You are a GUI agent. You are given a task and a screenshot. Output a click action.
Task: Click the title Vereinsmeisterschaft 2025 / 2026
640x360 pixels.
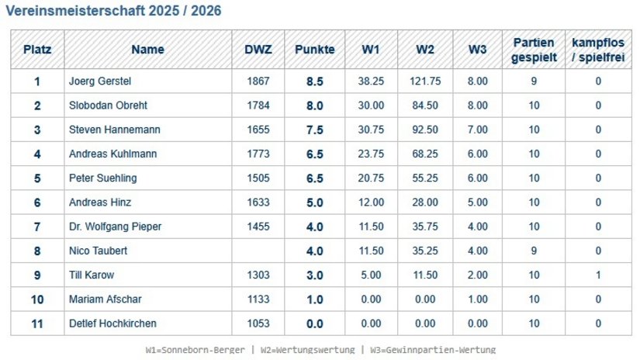coord(113,11)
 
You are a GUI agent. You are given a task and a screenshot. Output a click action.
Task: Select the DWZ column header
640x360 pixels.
coord(258,50)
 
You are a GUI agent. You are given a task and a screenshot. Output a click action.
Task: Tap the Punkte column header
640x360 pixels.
coord(315,50)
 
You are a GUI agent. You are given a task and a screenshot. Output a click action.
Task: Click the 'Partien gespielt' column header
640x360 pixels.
coord(534,50)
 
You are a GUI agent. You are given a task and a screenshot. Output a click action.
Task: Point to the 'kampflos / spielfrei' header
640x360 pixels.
coord(598,50)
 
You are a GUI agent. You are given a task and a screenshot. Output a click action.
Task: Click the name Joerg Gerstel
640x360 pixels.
coord(100,81)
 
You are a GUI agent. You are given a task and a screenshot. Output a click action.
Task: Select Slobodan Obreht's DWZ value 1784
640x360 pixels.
coord(258,106)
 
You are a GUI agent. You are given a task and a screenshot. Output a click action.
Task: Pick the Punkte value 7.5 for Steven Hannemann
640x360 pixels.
coord(315,130)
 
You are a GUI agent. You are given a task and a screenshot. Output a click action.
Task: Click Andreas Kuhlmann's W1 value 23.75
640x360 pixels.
coord(371,154)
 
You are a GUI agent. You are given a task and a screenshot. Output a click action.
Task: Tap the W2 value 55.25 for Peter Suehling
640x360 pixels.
coord(425,178)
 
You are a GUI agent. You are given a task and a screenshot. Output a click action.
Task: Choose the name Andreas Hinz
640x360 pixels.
coord(100,202)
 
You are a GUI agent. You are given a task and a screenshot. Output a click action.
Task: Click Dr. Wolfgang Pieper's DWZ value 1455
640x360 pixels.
coord(258,227)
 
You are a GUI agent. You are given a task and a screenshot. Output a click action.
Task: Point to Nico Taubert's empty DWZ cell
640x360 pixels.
coord(258,251)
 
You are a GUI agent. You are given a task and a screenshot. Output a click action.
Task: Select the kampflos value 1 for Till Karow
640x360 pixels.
coord(598,275)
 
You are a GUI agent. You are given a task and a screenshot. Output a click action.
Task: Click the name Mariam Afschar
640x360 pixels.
coord(106,299)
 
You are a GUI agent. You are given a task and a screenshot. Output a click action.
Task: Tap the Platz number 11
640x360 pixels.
coord(37,324)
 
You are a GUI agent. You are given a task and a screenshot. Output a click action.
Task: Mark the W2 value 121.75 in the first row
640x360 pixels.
coord(425,81)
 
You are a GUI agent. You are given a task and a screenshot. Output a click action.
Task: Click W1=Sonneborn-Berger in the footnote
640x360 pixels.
coord(195,350)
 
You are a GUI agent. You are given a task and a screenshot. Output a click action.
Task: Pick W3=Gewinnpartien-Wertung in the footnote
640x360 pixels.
coord(433,350)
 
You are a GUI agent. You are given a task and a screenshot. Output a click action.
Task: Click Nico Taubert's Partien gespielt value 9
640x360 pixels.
coord(534,251)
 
